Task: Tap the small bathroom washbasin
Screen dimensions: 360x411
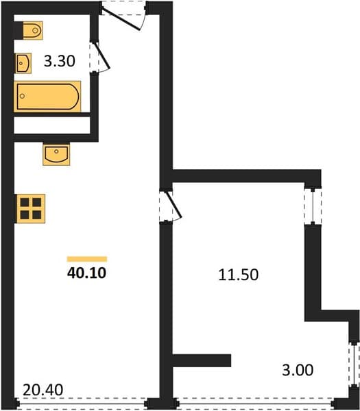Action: click(x=23, y=63)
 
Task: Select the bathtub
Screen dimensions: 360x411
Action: click(x=47, y=97)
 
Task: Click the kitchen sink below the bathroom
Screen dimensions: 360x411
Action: click(x=56, y=155)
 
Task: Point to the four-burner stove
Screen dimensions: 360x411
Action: click(x=31, y=209)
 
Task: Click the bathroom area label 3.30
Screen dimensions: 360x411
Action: click(x=59, y=61)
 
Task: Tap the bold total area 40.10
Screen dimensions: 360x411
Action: click(x=86, y=273)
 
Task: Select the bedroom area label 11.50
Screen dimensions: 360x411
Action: click(x=238, y=275)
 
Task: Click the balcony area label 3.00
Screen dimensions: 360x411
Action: click(x=298, y=370)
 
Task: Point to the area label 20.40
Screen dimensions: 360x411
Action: click(x=43, y=390)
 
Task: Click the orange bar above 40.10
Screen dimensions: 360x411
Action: click(x=87, y=259)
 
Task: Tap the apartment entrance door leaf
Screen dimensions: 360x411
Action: click(x=121, y=19)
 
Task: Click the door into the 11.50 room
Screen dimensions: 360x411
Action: click(x=173, y=205)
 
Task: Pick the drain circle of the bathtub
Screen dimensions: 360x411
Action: click(x=23, y=96)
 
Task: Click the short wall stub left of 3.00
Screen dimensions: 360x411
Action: click(x=202, y=360)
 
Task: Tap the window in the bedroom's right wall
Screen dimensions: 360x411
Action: click(x=313, y=207)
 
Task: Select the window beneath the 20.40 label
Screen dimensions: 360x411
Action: click(x=82, y=403)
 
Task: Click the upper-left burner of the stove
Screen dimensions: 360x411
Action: click(x=25, y=202)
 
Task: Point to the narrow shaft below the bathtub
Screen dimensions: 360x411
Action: click(x=52, y=125)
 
